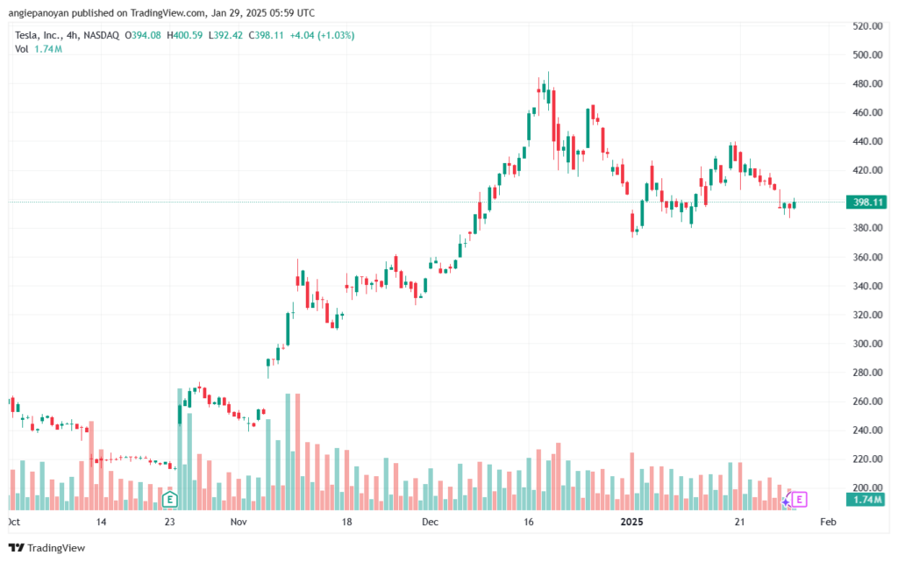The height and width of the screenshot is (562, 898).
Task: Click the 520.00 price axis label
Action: coord(867,26)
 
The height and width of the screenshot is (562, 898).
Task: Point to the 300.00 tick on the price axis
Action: coord(867,344)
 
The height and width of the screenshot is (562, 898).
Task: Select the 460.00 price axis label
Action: coord(867,113)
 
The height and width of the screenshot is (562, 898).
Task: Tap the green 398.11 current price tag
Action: coord(866,202)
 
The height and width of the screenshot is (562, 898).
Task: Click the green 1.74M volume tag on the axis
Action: coord(866,500)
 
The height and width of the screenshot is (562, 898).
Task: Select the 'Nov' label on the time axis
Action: coord(239,522)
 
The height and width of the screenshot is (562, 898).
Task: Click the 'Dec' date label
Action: coord(430,522)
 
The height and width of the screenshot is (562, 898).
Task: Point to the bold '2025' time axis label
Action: coord(632,522)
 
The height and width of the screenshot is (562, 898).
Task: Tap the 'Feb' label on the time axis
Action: coord(828,522)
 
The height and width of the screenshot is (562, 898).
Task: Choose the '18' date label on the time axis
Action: coord(346,522)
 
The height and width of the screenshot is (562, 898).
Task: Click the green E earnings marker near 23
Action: coord(169,500)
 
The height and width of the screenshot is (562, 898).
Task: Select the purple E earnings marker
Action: coord(799,500)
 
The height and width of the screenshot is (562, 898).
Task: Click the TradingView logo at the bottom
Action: coord(47,548)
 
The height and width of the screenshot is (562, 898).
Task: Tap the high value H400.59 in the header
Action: coord(184,35)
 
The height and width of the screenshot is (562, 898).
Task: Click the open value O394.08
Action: coord(143,35)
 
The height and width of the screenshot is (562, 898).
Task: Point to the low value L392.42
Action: coord(225,35)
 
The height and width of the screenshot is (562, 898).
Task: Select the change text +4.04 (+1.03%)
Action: coord(322,35)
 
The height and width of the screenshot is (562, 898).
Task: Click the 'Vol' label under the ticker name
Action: coord(22,49)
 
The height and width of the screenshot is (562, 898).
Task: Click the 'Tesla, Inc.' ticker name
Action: coord(38,35)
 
